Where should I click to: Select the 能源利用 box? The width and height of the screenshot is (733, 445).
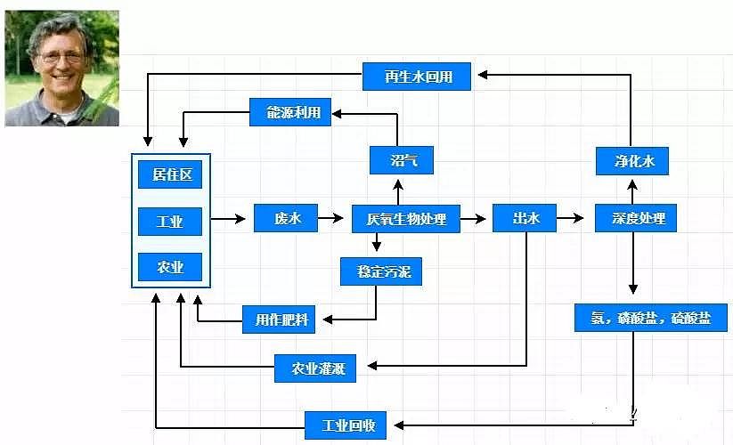tap(286, 113)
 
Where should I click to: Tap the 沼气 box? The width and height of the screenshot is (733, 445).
tap(400, 160)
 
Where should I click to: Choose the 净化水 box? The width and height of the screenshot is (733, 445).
tap(631, 161)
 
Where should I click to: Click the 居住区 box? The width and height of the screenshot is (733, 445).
tap(170, 174)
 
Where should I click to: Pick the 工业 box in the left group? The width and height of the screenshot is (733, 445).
tap(170, 222)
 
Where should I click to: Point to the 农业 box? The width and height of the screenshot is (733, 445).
tap(170, 267)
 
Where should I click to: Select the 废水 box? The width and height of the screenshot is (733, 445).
tap(286, 218)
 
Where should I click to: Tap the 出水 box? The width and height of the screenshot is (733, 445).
tap(524, 218)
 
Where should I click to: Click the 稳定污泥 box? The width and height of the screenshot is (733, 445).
tap(381, 271)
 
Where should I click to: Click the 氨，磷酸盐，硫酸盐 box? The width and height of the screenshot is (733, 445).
tap(651, 318)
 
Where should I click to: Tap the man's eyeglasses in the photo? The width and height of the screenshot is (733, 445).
tap(61, 56)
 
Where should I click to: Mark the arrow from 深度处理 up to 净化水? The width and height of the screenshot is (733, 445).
tap(632, 190)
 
